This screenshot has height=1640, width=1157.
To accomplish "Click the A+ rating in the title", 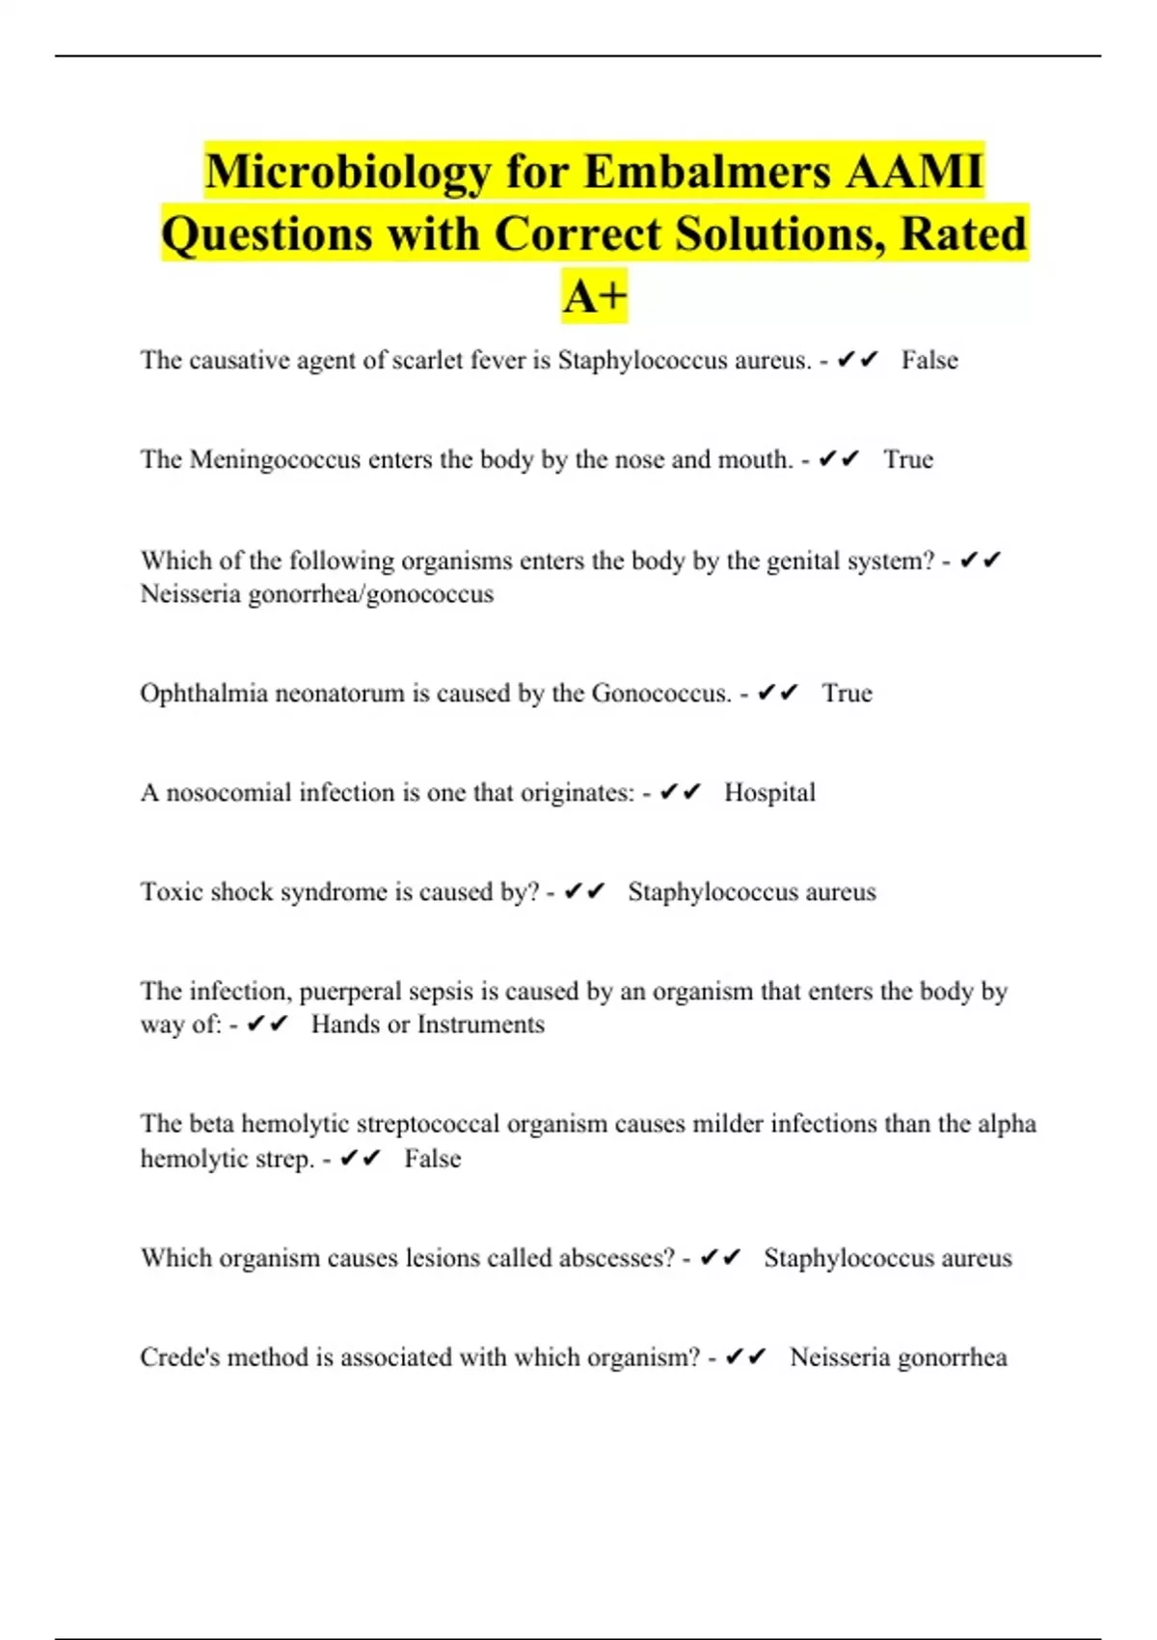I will (594, 295).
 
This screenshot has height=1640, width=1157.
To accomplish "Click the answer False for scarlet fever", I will (929, 360).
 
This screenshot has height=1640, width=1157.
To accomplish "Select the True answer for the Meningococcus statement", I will (908, 459).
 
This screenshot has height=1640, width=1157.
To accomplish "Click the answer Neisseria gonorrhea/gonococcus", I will (316, 593).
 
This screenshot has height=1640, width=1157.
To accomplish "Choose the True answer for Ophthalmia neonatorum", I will (847, 694).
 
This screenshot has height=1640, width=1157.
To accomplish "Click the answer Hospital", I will (769, 793).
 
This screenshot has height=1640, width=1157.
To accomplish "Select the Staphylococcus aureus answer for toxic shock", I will (752, 892).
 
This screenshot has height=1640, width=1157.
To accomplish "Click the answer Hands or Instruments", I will (427, 1025).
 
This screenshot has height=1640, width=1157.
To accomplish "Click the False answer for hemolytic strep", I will (432, 1159).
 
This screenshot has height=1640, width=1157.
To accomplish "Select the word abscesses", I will (621, 1258).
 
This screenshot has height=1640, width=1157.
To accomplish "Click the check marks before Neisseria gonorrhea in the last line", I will (745, 1357).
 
